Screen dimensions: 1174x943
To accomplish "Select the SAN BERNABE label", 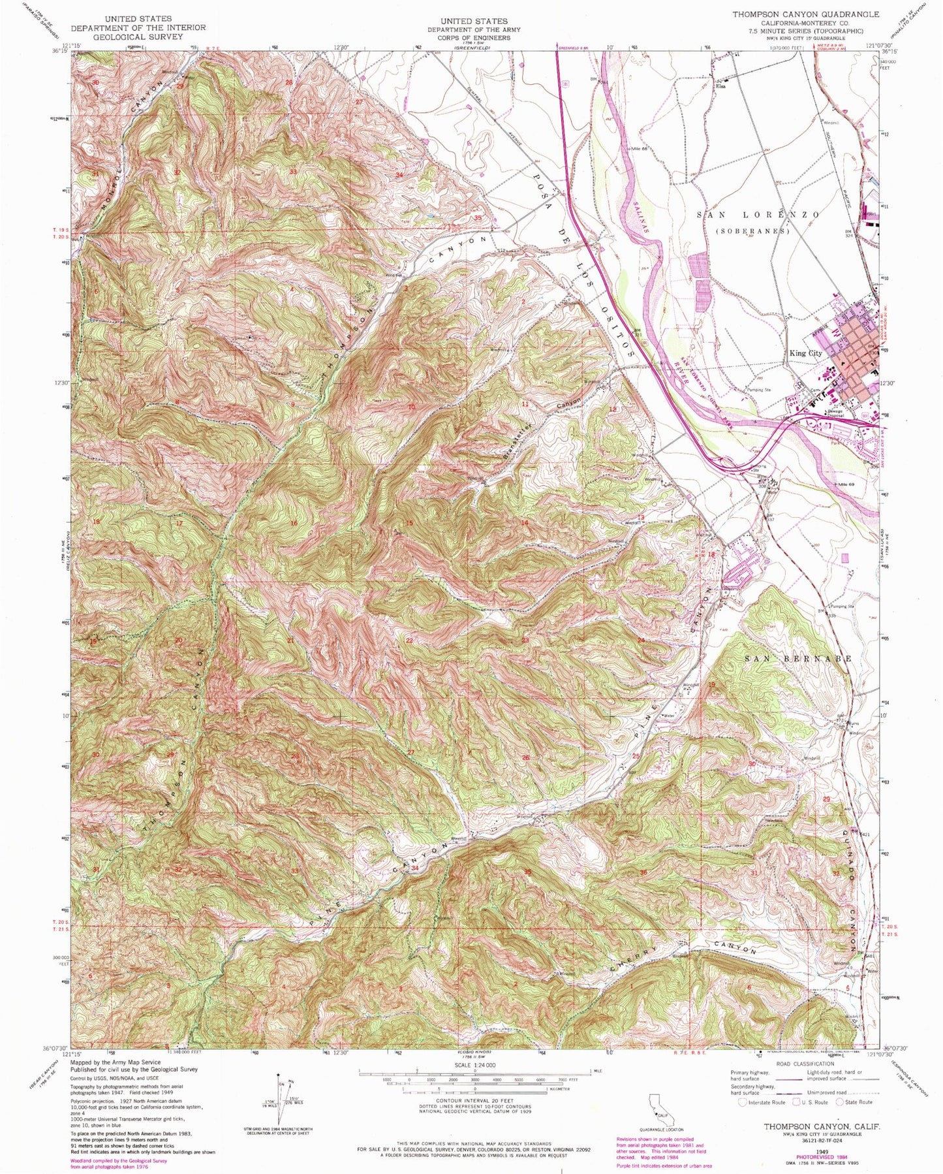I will click(x=799, y=659).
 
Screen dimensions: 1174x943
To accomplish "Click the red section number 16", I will click(x=294, y=524).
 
